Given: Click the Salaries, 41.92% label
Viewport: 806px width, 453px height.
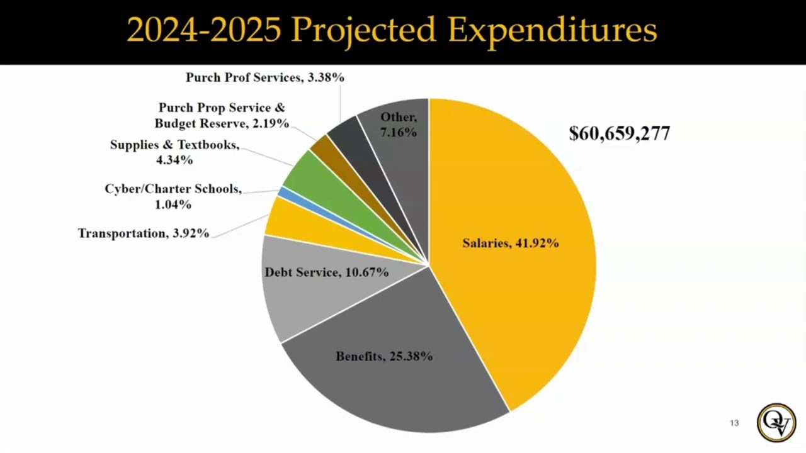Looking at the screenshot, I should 510,243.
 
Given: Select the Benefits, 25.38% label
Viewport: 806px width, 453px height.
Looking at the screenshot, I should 384,356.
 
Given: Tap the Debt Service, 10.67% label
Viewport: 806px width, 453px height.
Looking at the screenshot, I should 326,272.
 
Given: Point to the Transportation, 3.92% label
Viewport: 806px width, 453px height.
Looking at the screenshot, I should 143,233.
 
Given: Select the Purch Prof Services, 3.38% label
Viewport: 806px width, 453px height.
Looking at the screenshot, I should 264,77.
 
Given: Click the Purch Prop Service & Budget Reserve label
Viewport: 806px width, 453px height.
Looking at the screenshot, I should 222,116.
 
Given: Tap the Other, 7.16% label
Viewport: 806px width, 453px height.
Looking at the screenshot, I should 398,125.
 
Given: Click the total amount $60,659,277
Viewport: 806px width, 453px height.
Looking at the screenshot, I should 619,133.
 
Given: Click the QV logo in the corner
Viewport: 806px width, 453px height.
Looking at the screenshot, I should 776,422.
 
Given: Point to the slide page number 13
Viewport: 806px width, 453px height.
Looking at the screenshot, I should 734,423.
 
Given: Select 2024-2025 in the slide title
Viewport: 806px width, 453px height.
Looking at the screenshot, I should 203,30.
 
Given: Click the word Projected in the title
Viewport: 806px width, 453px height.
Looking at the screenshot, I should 364,30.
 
